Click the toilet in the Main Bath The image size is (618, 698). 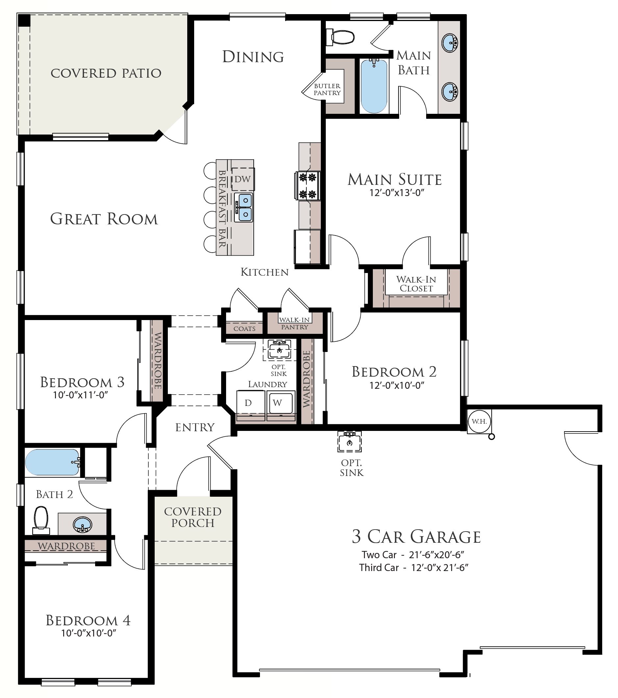click(x=340, y=37)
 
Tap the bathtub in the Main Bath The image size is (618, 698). click(x=374, y=86)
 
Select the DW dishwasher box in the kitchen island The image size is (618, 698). click(x=243, y=179)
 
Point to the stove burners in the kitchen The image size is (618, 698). click(x=307, y=186)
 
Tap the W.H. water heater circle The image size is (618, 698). click(x=479, y=421)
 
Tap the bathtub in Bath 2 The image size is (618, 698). click(x=52, y=462)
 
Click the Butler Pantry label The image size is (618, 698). click(x=327, y=89)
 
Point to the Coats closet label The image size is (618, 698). click(x=245, y=329)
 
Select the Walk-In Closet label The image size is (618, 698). click(x=416, y=284)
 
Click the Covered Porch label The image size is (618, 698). click(x=193, y=517)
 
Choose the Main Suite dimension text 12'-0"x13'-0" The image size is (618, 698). click(x=397, y=193)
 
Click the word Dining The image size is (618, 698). click(x=253, y=57)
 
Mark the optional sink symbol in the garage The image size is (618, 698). click(x=349, y=442)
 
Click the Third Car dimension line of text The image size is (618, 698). click(x=413, y=567)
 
